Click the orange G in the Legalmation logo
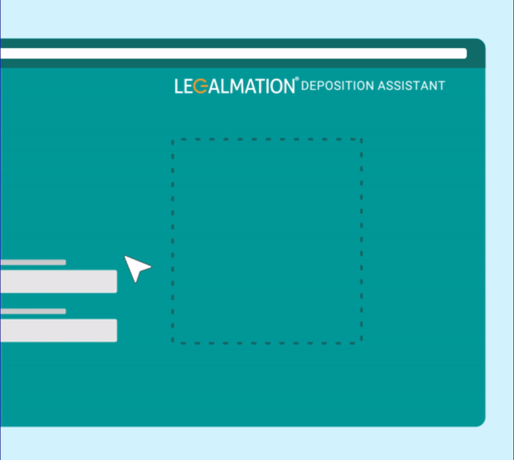point(200,87)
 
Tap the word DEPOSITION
point(337,86)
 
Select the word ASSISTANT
point(411,86)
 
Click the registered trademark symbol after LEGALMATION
point(297,78)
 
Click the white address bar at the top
point(233,53)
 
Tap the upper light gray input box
point(58,281)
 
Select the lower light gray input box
point(58,330)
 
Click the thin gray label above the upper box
point(33,262)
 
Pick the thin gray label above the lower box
point(33,311)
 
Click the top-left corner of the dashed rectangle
point(173,139)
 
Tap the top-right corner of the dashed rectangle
point(361,139)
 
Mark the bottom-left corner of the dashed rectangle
point(173,343)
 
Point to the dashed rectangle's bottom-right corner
point(361,343)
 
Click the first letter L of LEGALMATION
point(179,87)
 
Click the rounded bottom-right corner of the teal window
point(482,423)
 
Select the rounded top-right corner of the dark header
point(482,42)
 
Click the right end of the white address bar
point(466,53)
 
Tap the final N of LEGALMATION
point(288,87)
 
